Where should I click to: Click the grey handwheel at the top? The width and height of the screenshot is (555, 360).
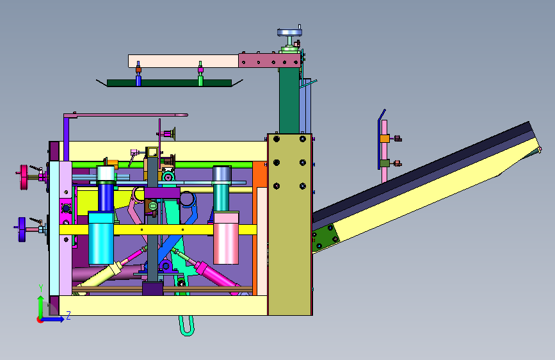tap(289, 33)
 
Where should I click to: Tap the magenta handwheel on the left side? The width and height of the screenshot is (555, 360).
tap(24, 177)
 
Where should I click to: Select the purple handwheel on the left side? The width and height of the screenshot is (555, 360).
tap(22, 229)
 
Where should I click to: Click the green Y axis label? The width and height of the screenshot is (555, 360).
tap(41, 288)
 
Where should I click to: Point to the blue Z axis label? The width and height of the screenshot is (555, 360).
tap(68, 315)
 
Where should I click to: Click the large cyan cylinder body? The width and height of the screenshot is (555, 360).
tap(101, 238)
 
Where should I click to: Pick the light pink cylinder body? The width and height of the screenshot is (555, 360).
tap(226, 238)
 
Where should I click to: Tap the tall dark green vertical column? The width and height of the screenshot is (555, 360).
tap(289, 101)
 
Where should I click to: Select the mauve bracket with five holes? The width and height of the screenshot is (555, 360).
tap(269, 60)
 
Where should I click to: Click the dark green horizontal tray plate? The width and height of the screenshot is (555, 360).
tap(169, 83)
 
